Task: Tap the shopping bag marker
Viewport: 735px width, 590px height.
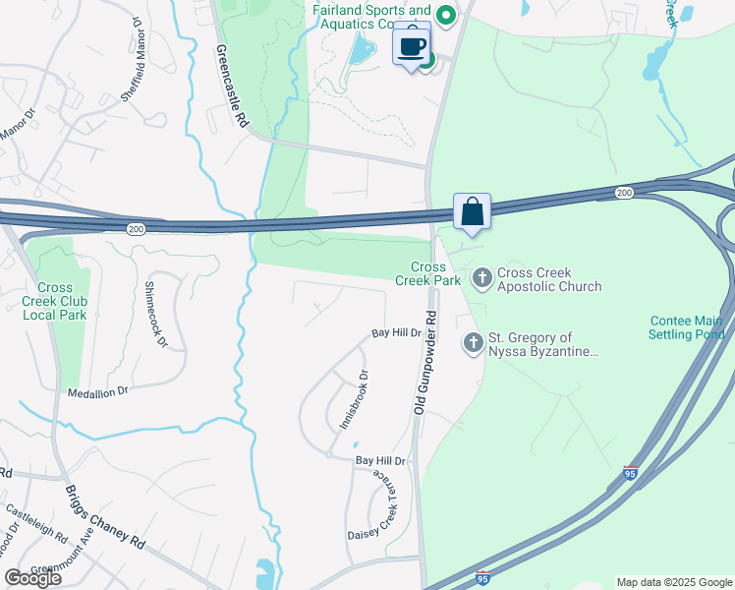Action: tap(472, 211)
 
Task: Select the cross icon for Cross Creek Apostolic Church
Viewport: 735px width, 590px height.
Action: tap(481, 279)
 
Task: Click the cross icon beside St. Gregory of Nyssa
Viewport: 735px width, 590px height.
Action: tap(473, 343)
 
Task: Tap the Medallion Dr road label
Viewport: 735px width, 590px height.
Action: tap(98, 391)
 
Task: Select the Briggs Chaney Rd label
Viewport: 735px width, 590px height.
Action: tap(105, 516)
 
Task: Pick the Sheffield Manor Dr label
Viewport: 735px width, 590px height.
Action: tap(132, 73)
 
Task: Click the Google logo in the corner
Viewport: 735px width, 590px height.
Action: tap(32, 578)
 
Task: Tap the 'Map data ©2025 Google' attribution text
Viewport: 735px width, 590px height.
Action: tap(673, 582)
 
